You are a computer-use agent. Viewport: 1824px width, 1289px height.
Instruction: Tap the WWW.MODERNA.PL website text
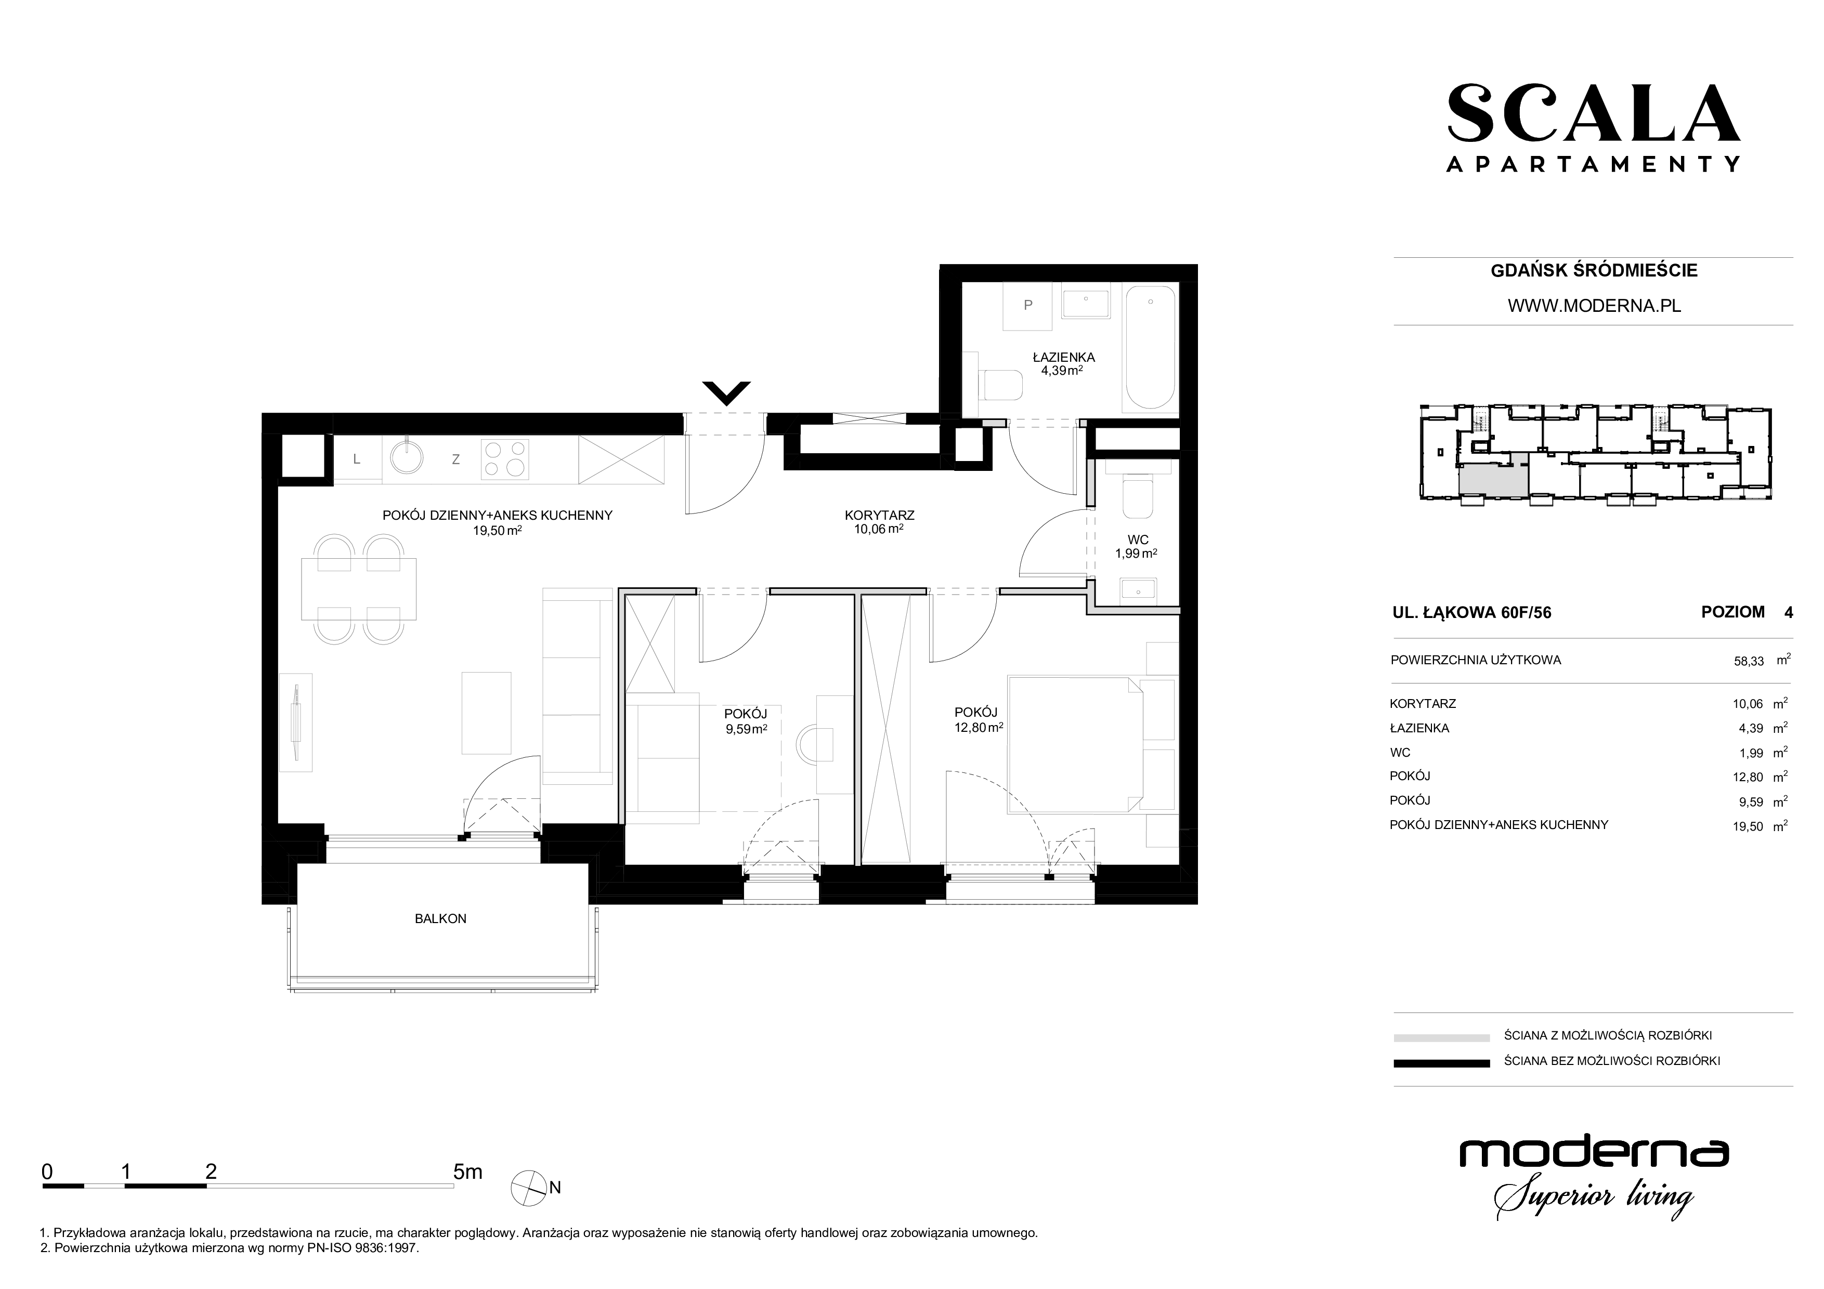[x=1594, y=306]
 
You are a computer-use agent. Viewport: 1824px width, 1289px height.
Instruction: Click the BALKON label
[x=440, y=919]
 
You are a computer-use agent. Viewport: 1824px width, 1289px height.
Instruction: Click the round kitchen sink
[x=407, y=458]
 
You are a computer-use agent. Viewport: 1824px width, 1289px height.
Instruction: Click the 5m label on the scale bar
[x=467, y=1172]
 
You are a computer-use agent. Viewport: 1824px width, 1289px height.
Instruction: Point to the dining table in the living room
[x=359, y=588]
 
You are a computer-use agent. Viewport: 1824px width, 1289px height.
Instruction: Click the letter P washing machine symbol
[x=1028, y=307]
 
